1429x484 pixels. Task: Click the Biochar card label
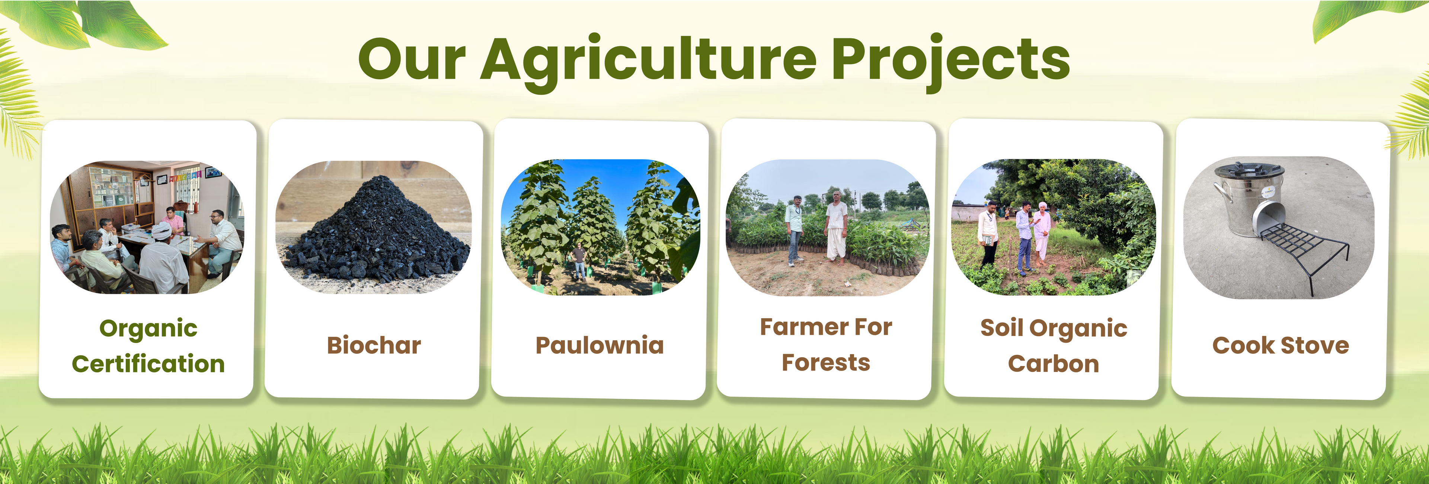pyautogui.click(x=374, y=345)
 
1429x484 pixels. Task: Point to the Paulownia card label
pyautogui.click(x=600, y=345)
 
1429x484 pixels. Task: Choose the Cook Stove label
pyautogui.click(x=1280, y=345)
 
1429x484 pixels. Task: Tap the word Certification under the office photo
pyautogui.click(x=148, y=364)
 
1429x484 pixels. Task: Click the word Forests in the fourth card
pyautogui.click(x=826, y=363)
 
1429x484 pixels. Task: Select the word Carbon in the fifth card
pyautogui.click(x=1054, y=364)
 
